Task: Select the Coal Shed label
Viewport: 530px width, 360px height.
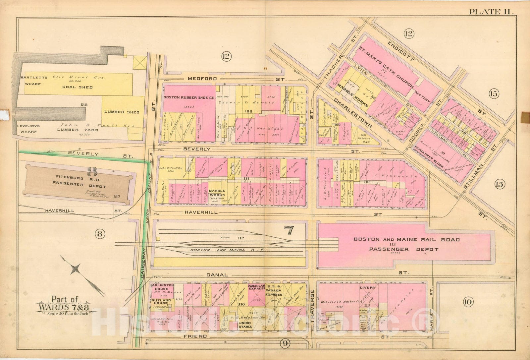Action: pyautogui.click(x=77, y=87)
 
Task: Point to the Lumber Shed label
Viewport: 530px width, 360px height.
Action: pyautogui.click(x=122, y=112)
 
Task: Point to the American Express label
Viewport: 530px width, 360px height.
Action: pyautogui.click(x=256, y=287)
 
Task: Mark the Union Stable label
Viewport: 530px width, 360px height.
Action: pyautogui.click(x=245, y=324)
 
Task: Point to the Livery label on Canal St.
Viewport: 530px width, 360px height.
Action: pyautogui.click(x=366, y=288)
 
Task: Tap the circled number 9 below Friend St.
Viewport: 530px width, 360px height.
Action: pyautogui.click(x=285, y=343)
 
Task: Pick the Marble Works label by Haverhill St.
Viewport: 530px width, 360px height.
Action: pyautogui.click(x=217, y=193)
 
